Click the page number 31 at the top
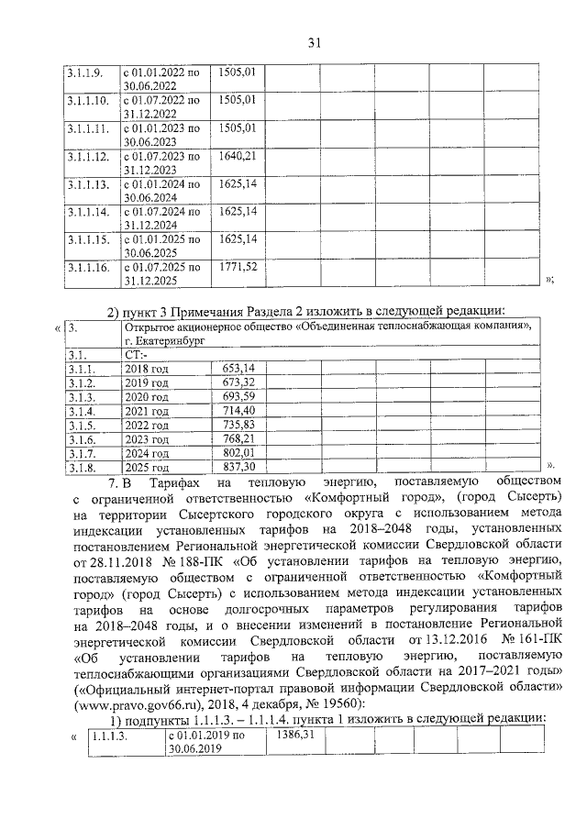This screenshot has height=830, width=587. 315,42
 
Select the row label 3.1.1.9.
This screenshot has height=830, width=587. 88,72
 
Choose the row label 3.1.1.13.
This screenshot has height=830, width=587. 88,184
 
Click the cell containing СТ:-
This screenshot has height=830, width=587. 138,353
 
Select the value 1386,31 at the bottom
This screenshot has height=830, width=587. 294,736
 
